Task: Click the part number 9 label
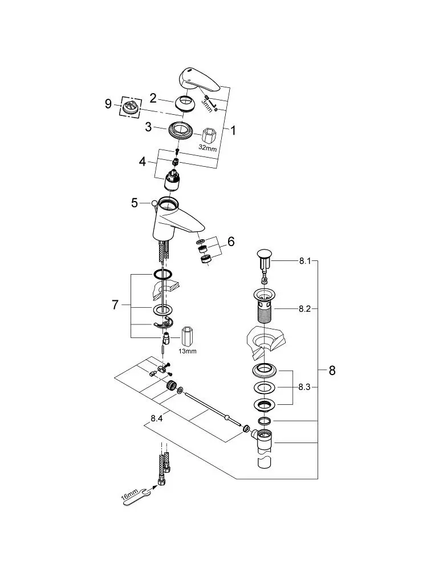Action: (x=108, y=104)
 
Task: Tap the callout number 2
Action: (x=153, y=98)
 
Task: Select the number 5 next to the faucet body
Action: (x=135, y=203)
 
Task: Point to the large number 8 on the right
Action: (x=332, y=371)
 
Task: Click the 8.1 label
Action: (x=305, y=261)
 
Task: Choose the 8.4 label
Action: (x=156, y=419)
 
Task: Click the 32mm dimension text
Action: (x=208, y=148)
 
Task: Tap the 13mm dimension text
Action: (x=188, y=351)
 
